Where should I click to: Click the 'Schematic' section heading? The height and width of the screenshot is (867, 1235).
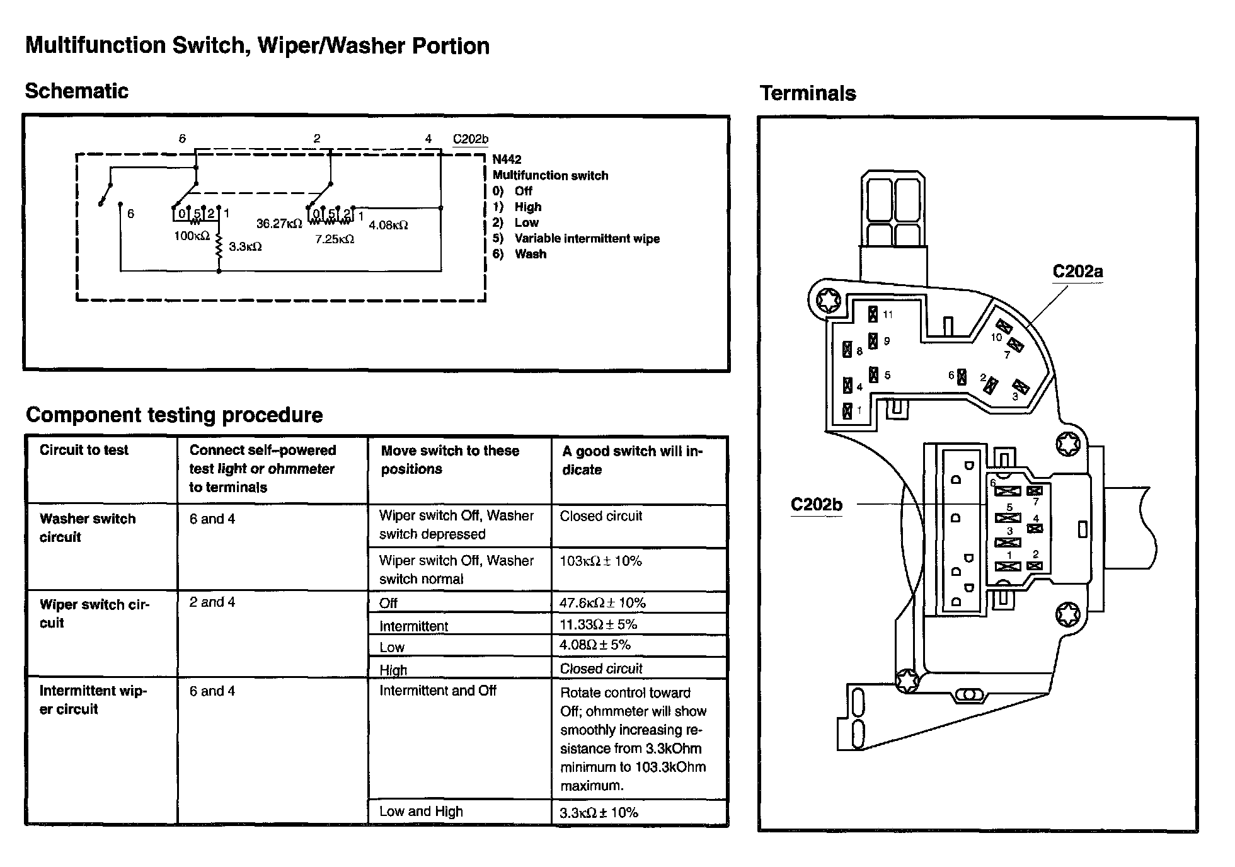point(76,91)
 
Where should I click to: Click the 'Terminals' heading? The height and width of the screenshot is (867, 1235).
point(808,94)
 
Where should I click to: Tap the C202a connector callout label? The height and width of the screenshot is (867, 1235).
point(1077,272)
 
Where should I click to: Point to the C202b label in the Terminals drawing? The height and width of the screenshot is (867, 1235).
point(816,505)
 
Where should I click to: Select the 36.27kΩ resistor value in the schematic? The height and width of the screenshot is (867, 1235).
point(279,224)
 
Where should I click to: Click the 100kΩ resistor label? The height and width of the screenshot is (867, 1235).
point(192,236)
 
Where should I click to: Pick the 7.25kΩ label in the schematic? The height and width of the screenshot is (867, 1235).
point(335,239)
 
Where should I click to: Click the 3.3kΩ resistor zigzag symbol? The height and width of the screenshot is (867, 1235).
point(219,246)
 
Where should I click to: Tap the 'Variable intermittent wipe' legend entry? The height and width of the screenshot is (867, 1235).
point(587,239)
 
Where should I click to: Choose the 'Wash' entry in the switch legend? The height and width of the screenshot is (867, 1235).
point(530,255)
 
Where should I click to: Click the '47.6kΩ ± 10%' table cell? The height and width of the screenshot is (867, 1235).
point(602,603)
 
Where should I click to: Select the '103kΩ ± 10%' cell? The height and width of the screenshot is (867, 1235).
point(600,561)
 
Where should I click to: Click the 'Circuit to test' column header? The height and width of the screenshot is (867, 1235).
point(84,450)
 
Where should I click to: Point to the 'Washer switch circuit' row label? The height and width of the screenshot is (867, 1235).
point(88,528)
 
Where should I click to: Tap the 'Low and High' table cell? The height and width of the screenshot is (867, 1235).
point(421,812)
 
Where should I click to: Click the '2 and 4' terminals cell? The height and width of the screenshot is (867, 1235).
point(212,602)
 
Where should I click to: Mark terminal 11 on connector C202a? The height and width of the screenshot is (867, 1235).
point(873,314)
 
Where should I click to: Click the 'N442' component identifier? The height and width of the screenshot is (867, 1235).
point(507,159)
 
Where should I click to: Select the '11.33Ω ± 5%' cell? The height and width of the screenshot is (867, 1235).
point(598,624)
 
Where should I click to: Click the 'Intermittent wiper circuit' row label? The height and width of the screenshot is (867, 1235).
point(93,700)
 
